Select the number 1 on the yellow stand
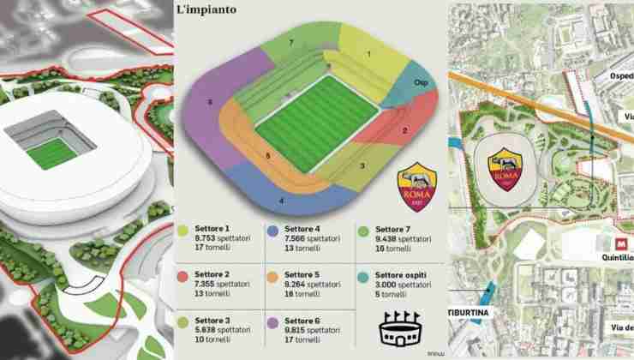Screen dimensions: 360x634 point(368,54)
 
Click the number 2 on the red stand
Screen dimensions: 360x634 point(404,131)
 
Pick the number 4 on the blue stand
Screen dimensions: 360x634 point(281,201)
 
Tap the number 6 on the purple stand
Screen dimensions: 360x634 point(210,102)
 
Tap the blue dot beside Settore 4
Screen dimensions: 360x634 point(272,230)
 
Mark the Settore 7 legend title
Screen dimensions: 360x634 point(386,230)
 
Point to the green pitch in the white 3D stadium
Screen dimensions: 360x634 point(51,152)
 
